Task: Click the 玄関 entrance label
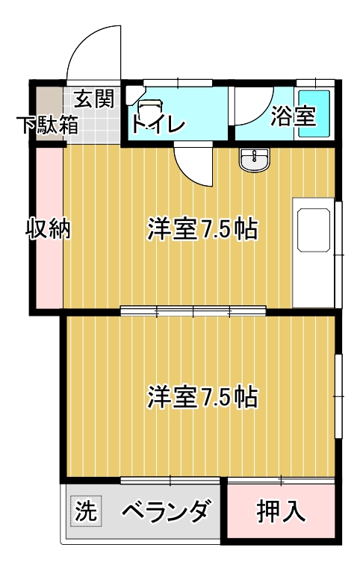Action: click(x=94, y=99)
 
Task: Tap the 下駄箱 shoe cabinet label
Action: click(x=49, y=125)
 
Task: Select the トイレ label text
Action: click(x=158, y=124)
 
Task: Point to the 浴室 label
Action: click(x=294, y=116)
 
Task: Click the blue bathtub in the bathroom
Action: click(x=314, y=113)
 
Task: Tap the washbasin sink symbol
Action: click(x=254, y=160)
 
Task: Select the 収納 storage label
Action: click(x=48, y=228)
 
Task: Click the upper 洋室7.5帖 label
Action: click(x=202, y=228)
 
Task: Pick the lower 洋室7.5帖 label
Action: click(x=202, y=397)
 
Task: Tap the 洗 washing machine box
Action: click(x=86, y=511)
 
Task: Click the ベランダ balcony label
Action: click(x=166, y=511)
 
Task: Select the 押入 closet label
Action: click(x=280, y=511)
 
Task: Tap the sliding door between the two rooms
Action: click(x=193, y=310)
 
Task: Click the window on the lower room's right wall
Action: click(x=338, y=396)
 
